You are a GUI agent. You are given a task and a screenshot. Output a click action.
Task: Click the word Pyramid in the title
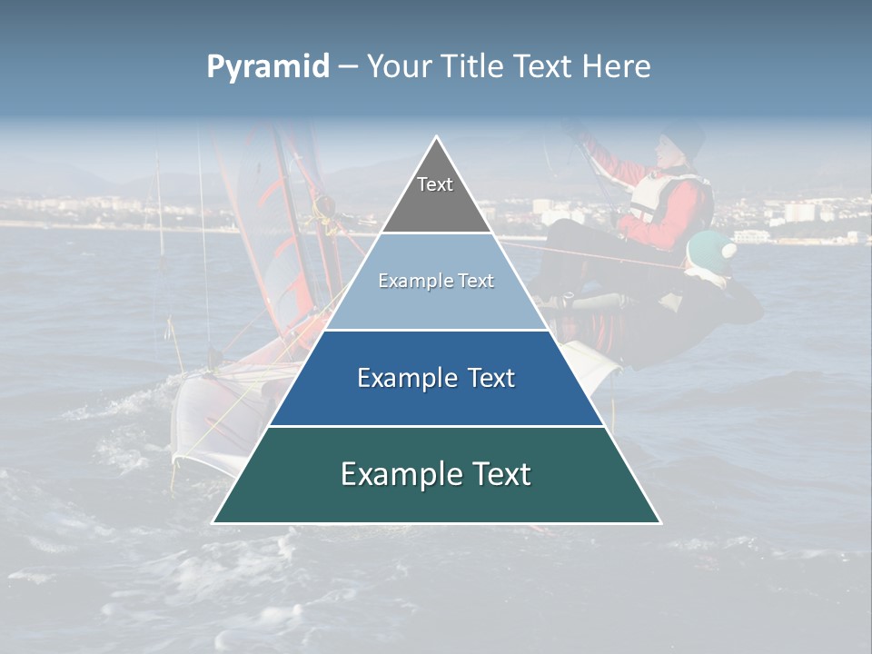pos(268,67)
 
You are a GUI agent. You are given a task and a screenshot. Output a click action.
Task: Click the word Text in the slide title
pos(544,67)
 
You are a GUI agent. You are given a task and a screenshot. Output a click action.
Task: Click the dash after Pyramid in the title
pos(347,68)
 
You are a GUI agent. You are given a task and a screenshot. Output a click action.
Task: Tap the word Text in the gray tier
pos(435,184)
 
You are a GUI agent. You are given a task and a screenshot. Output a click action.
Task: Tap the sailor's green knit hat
pos(709,248)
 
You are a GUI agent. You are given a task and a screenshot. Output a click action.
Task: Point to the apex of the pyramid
pos(437,138)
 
